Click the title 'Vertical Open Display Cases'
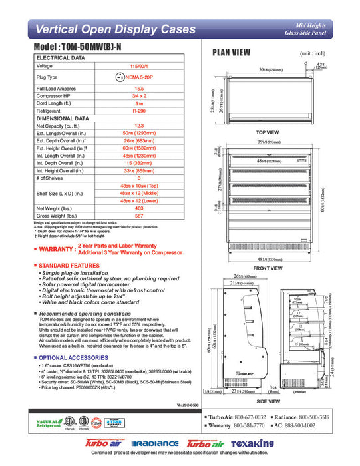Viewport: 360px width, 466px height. [x=114, y=29]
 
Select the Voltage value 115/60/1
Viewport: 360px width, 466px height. [x=139, y=66]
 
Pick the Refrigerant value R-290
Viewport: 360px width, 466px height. [x=139, y=112]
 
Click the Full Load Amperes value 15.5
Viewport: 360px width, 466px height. [x=139, y=89]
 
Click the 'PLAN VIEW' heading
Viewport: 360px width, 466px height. [x=231, y=53]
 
